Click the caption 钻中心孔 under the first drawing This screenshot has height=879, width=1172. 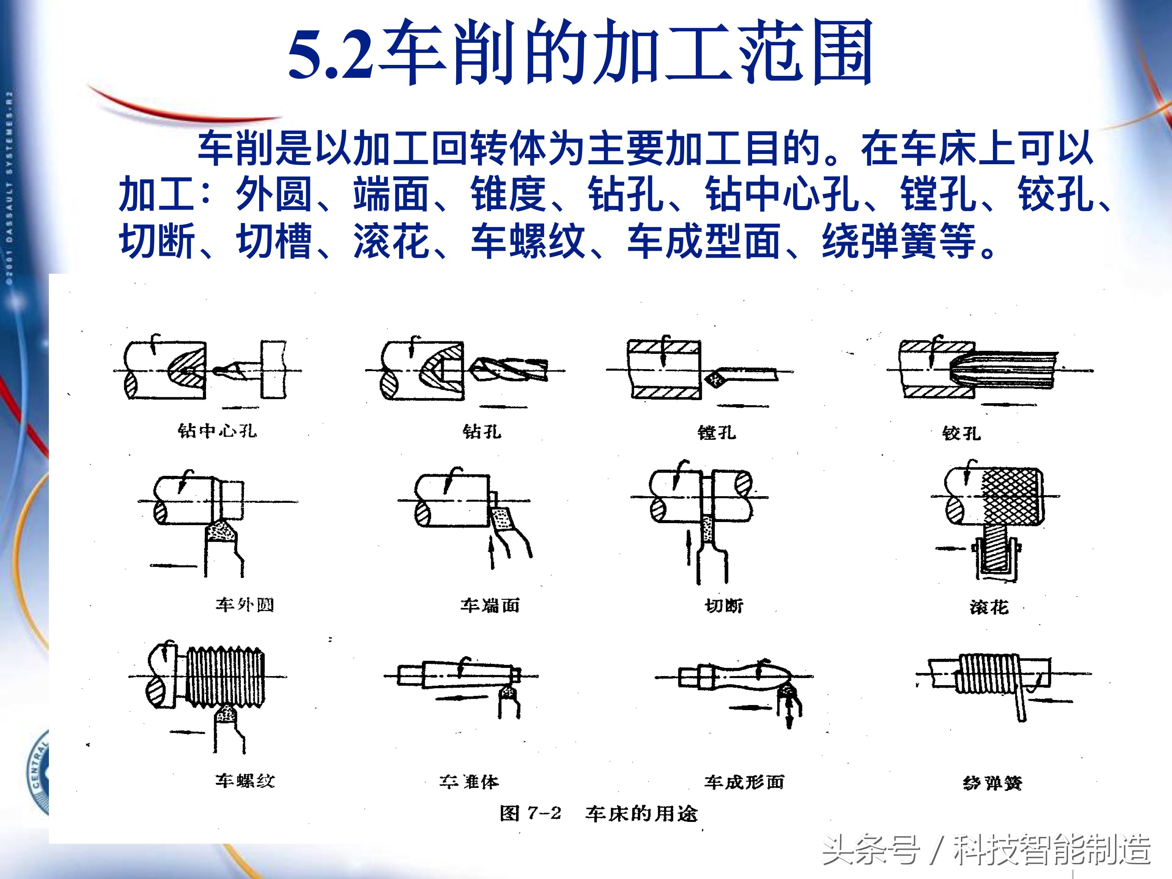pos(217,431)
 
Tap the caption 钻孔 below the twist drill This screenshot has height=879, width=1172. pos(482,431)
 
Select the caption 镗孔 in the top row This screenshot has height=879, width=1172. pos(716,433)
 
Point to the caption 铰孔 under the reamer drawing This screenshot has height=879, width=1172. pos(961,433)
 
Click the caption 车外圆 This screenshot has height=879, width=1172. pos(245,605)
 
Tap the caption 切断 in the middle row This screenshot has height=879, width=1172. pos(724,606)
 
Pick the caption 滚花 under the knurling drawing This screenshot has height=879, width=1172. pos(989,607)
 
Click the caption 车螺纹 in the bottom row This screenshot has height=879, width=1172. pos(245,780)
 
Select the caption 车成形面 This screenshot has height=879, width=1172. pos(744,782)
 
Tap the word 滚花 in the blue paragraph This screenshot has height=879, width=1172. pos(391,241)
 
